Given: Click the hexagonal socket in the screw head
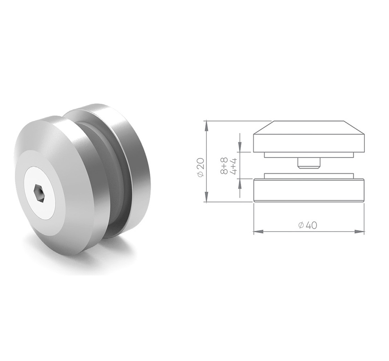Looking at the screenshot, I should click(39, 193).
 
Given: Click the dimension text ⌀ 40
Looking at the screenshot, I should click(308, 225).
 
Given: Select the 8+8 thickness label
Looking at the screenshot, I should click(224, 165).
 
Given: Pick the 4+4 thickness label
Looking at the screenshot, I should click(233, 165).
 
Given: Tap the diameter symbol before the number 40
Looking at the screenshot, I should click(301, 225).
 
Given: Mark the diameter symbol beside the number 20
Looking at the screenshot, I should click(200, 175).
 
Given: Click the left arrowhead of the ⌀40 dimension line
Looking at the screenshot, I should click(258, 232).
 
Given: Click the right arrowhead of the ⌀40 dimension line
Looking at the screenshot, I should click(360, 232).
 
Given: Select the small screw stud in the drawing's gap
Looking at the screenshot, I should click(308, 163).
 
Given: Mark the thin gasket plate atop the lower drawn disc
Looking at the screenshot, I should click(308, 176).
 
